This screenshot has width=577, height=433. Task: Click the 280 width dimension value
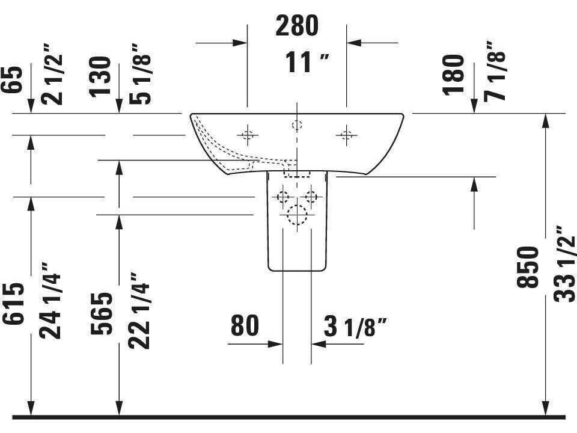(296, 26)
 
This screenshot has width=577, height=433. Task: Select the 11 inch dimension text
(307, 62)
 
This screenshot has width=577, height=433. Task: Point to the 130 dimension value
(100, 76)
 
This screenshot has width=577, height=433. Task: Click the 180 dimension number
(453, 75)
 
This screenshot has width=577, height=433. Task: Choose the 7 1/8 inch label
(495, 71)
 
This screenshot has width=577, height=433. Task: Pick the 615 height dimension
(13, 304)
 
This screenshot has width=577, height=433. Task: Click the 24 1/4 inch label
(50, 301)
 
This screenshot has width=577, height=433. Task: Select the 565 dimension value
(101, 314)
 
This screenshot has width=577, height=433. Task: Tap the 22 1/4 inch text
(139, 311)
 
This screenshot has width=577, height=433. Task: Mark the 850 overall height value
(527, 267)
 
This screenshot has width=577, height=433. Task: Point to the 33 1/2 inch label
(564, 264)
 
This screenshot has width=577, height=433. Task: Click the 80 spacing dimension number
(245, 325)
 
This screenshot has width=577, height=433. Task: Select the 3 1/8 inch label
(356, 326)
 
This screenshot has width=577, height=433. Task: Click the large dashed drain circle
(297, 215)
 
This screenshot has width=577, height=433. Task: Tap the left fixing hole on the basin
(248, 135)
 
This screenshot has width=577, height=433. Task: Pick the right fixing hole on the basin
(346, 135)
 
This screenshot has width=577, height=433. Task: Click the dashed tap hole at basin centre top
(297, 125)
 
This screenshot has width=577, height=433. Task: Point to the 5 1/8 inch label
(140, 74)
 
